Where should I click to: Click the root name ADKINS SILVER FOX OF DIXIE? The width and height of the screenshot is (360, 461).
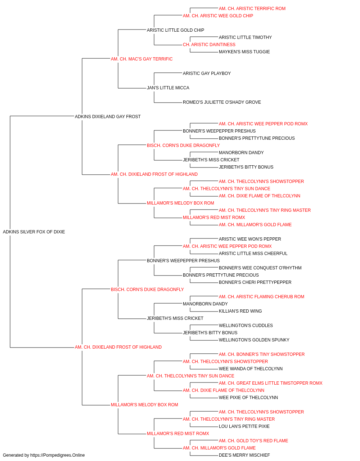tap(34, 232)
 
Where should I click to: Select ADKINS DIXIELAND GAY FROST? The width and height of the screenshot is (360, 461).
tap(108, 117)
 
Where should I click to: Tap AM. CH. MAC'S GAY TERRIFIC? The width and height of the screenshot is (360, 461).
tap(141, 59)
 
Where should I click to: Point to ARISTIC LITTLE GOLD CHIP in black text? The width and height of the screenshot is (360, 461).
tap(176, 30)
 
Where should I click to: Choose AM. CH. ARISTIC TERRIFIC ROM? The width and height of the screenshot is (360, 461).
tap(252, 9)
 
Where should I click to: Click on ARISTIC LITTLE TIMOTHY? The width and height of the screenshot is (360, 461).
tap(245, 37)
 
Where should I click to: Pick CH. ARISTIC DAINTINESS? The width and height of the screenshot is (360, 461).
tap(209, 45)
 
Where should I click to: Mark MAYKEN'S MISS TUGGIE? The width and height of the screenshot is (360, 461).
tap(244, 52)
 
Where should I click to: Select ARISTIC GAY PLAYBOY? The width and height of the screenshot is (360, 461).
tap(207, 73)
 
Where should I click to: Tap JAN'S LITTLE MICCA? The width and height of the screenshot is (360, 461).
tap(168, 88)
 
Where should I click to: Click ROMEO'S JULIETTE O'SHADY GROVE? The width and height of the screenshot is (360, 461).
tap(222, 102)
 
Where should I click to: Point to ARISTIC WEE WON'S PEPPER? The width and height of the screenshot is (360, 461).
tap(250, 239)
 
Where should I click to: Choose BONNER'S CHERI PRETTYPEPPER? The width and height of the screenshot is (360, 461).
tap(255, 282)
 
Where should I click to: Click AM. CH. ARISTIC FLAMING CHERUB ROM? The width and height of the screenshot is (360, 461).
tap(261, 297)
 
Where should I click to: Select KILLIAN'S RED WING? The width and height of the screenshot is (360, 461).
tap(240, 311)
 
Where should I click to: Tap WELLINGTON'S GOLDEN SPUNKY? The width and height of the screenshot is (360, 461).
tap(254, 340)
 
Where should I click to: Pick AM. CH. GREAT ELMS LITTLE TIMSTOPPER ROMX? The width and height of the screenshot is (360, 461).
tap(270, 383)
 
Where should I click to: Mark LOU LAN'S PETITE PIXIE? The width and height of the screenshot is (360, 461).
tap(244, 426)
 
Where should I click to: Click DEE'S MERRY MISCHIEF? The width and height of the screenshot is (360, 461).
tap(244, 455)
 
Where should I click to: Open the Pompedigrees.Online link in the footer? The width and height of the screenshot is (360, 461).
tap(57, 455)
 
